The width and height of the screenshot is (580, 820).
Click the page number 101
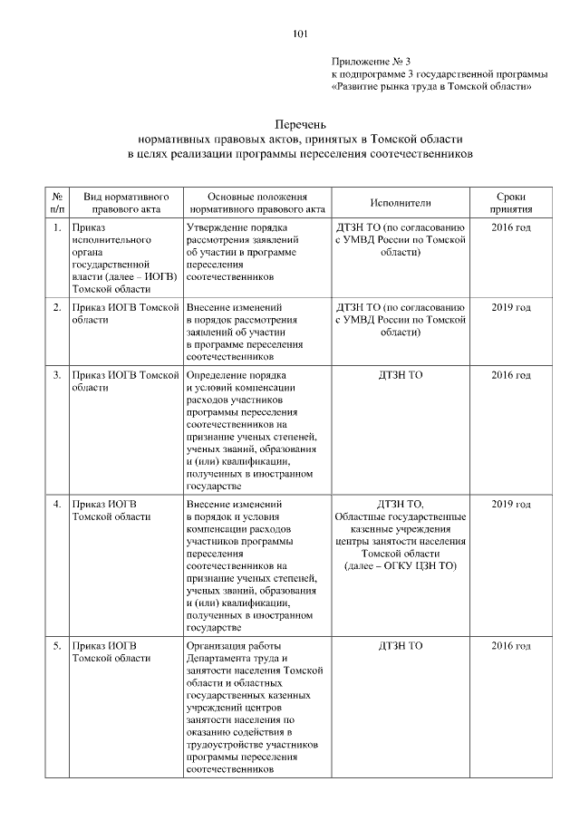click(301, 34)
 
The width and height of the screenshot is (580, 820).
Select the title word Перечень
click(300, 124)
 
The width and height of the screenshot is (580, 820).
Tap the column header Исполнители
click(401, 204)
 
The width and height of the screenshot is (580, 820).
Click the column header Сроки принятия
click(510, 203)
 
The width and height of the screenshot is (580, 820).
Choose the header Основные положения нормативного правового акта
click(256, 203)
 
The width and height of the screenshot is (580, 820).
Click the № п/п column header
click(57, 203)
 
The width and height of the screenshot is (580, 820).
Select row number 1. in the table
click(57, 227)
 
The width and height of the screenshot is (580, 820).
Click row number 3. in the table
click(57, 375)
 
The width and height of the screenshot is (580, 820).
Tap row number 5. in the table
click(57, 646)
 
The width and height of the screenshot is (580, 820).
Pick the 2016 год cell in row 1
click(510, 227)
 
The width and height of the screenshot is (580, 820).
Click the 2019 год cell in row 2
click(510, 308)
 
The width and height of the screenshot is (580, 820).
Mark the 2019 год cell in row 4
click(510, 505)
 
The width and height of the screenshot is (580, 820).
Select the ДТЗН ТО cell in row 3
click(401, 375)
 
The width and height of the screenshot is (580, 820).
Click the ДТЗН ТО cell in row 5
click(401, 646)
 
